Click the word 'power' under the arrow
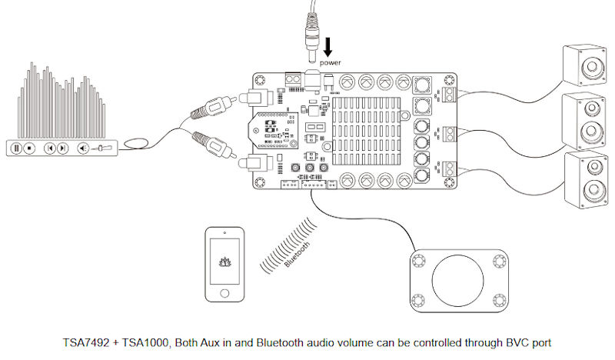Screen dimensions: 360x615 [x=331, y=62]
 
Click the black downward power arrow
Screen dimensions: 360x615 [x=328, y=44]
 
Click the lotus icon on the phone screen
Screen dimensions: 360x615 [x=224, y=262]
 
